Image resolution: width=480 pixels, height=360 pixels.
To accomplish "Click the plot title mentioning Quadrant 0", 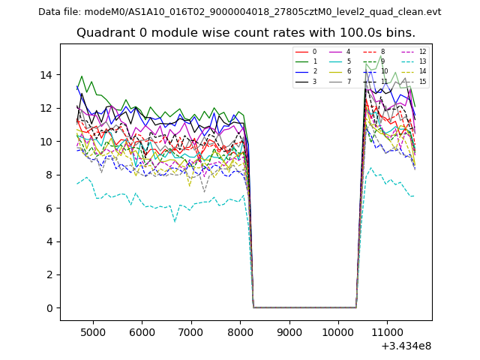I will point(245,33).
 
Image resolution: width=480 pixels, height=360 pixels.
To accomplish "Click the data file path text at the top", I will point(239,12).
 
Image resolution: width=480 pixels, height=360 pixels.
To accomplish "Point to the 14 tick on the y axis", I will point(46,75).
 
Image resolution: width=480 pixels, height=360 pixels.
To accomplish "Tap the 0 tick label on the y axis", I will point(49,308).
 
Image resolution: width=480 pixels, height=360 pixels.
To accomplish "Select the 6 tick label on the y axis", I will point(49,208).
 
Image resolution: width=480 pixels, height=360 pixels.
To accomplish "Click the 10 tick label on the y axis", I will point(46,142).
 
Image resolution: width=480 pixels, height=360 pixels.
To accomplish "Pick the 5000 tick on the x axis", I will point(93,331).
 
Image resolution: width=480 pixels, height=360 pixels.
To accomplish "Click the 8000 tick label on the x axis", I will point(240,331).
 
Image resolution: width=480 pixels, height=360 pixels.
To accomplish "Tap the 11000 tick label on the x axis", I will point(387,331).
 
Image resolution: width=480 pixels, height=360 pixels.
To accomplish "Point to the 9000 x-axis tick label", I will point(289,331).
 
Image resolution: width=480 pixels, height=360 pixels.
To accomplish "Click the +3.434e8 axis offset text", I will point(406,346).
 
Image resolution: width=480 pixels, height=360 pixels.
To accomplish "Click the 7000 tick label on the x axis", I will point(191,331).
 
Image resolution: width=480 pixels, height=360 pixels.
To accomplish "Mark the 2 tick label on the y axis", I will point(49,275).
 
